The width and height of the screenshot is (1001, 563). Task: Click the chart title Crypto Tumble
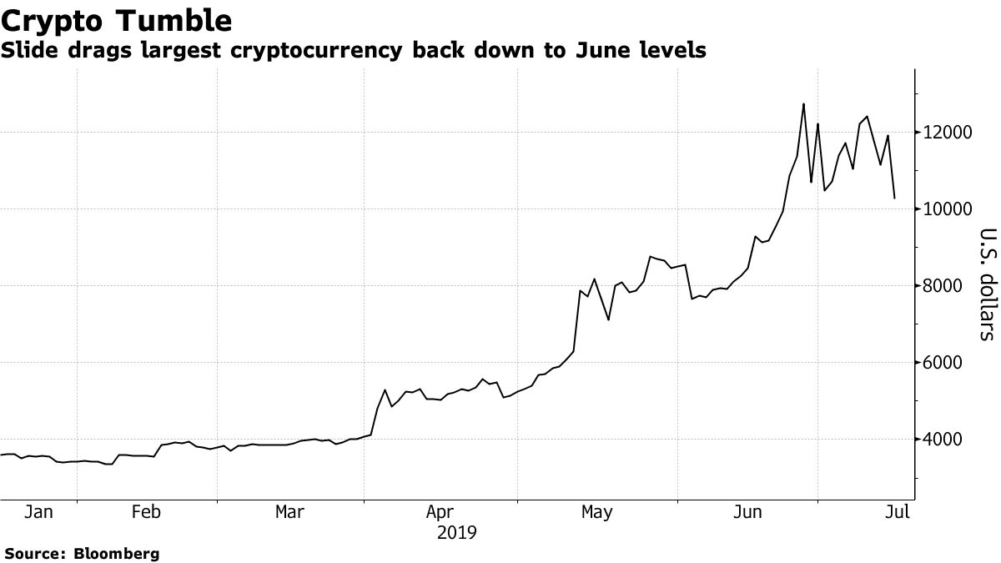click(117, 20)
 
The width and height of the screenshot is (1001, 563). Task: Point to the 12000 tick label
click(948, 133)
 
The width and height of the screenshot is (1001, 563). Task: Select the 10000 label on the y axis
click(948, 209)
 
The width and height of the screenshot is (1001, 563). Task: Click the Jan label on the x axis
click(38, 512)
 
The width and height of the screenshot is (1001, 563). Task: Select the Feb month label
click(146, 512)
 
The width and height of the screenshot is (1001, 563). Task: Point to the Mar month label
click(289, 512)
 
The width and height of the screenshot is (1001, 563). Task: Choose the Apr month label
click(440, 512)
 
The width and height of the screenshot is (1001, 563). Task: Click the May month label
click(596, 512)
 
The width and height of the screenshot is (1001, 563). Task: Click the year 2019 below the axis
click(457, 532)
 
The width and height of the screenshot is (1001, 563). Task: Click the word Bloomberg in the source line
click(117, 553)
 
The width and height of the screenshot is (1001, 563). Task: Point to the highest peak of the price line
click(803, 104)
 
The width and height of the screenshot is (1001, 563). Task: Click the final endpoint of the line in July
click(895, 199)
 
